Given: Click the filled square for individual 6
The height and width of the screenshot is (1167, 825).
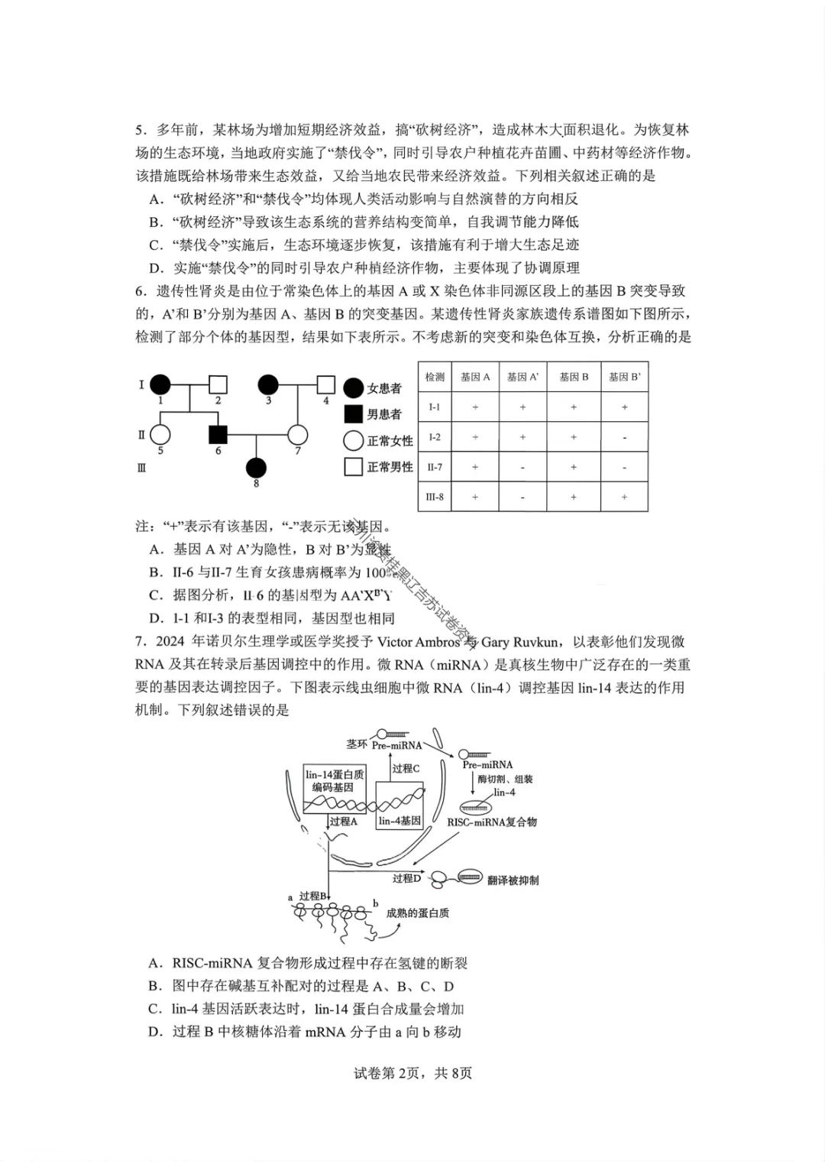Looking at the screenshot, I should (x=218, y=434).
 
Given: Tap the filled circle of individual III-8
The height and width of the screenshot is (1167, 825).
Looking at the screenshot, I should (x=256, y=467).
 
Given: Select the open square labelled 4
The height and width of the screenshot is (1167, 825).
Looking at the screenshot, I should (x=326, y=384).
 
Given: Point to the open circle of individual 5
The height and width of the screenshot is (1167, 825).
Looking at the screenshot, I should (x=160, y=434).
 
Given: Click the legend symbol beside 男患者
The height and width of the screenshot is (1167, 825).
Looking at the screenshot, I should (x=353, y=414).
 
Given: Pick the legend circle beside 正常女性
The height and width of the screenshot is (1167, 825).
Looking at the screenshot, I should (x=353, y=440).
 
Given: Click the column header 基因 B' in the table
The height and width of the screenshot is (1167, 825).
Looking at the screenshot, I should (x=624, y=377).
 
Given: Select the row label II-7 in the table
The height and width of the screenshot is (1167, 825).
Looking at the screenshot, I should (x=435, y=467).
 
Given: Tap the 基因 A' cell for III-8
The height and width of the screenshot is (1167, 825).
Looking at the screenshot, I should (x=522, y=497).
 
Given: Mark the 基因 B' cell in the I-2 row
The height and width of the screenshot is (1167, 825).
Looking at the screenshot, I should (x=624, y=437).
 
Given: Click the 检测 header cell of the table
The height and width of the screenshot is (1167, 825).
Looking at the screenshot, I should (x=435, y=377).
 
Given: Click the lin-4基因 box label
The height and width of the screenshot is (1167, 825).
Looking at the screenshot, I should (x=400, y=821).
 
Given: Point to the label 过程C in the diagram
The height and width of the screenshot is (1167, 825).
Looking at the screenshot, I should (x=406, y=768).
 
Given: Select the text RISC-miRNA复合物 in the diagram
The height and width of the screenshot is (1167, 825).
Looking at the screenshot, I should (x=492, y=822).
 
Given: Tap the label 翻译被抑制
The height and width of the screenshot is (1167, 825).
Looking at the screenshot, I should (x=513, y=880).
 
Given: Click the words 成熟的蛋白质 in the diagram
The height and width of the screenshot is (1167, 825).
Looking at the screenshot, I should (x=418, y=913).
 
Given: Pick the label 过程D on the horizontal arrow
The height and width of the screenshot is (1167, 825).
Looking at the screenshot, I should (x=406, y=878).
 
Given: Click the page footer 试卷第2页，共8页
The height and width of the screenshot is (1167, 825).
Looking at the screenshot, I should (x=413, y=1073).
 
